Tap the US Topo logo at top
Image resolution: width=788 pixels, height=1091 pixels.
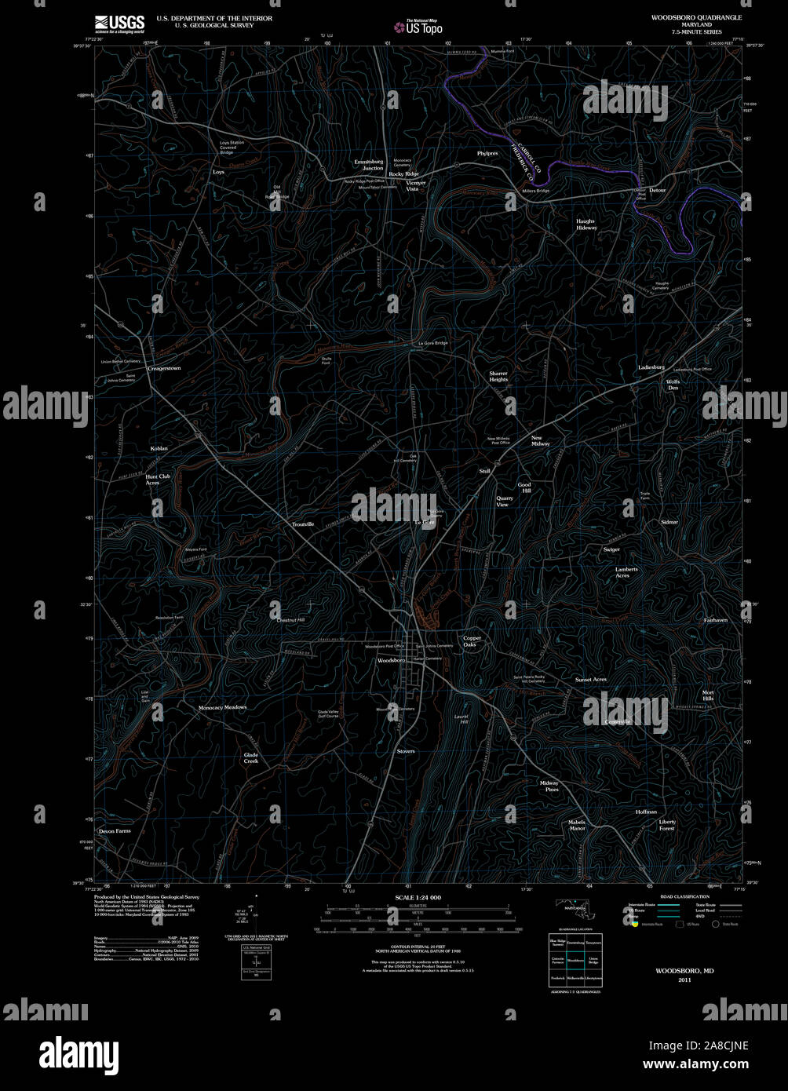(418, 27)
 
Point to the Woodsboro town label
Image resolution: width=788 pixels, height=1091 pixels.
(391, 661)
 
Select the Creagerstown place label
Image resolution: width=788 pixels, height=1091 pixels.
(164, 368)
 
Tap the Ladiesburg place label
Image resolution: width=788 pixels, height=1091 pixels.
(651, 367)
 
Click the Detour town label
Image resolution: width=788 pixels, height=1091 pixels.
(657, 191)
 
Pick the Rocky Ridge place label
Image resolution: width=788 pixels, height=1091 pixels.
(404, 174)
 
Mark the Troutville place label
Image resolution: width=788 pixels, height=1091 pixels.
(303, 524)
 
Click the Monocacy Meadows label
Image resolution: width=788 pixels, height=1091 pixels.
(222, 707)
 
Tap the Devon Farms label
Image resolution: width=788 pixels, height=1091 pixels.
(115, 830)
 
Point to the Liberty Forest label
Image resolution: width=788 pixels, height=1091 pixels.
(666, 825)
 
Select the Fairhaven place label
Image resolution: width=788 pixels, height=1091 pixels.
(716, 620)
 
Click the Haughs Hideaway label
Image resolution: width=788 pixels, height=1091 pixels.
(586, 224)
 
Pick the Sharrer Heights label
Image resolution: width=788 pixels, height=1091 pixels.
(498, 377)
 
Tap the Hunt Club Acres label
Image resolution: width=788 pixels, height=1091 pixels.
(158, 480)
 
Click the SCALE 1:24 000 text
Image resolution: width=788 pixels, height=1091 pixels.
(418, 897)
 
